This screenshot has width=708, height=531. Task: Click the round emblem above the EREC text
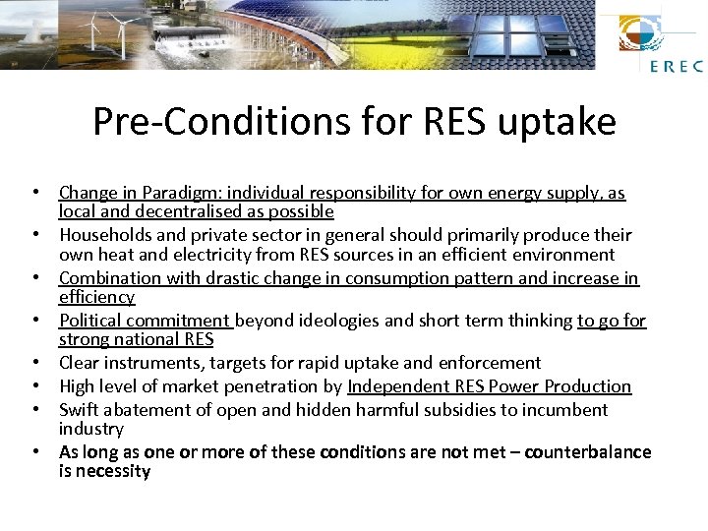[640, 34]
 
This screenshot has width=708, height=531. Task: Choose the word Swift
[80, 410]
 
